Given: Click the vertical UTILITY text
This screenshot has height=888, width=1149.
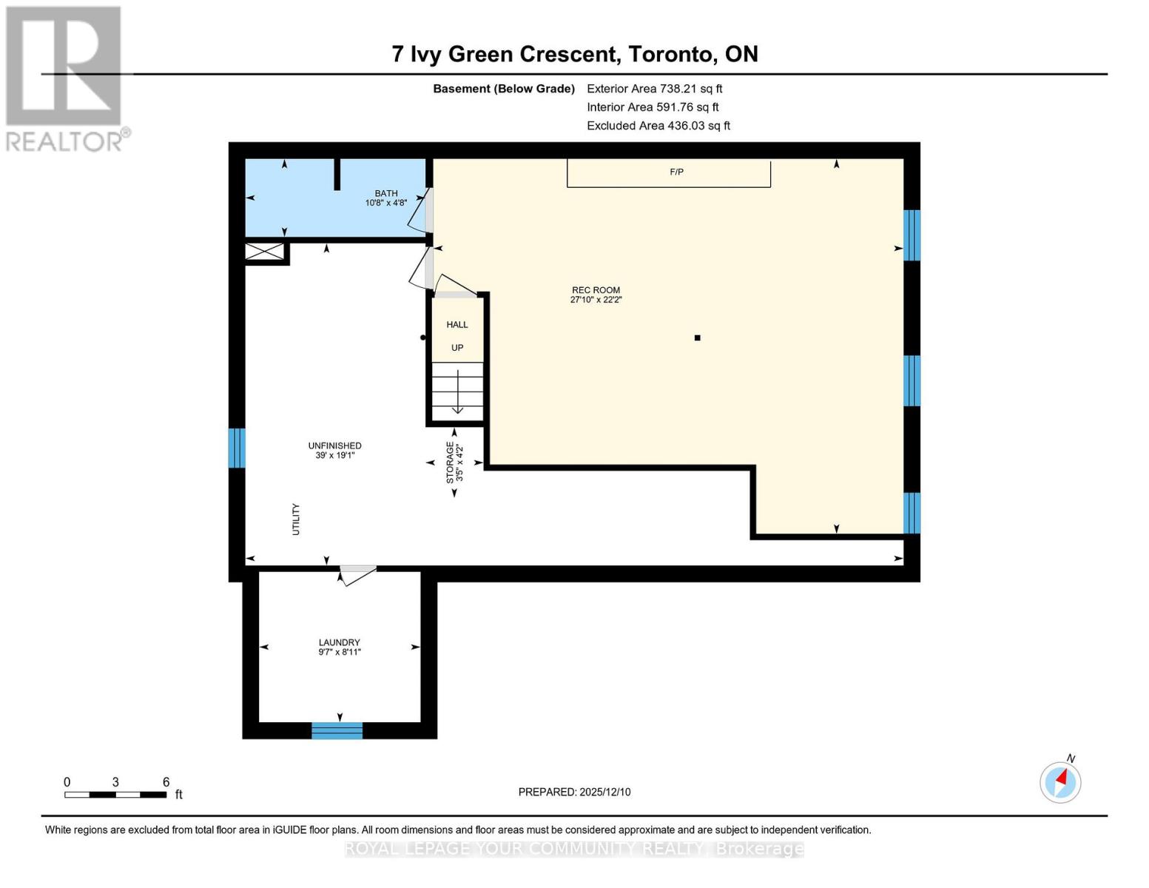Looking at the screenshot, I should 296,519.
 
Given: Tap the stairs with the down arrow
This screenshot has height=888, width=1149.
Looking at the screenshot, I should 457,391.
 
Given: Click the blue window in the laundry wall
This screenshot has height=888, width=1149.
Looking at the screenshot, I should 337,730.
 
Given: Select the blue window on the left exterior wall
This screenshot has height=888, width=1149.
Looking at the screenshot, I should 236,448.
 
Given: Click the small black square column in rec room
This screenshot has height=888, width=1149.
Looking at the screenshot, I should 697,338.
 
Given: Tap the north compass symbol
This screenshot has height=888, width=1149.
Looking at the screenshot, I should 1060,781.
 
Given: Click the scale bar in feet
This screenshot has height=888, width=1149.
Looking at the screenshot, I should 115,795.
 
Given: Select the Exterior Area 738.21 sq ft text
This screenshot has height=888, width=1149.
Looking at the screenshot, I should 654,89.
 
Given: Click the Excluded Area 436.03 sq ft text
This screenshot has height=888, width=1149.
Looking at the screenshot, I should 658,126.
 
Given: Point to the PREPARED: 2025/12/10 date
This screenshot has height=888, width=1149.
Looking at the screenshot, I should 574,792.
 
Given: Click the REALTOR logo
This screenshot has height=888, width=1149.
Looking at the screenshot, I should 65,78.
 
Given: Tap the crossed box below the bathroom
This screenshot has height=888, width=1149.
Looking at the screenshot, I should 265,252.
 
